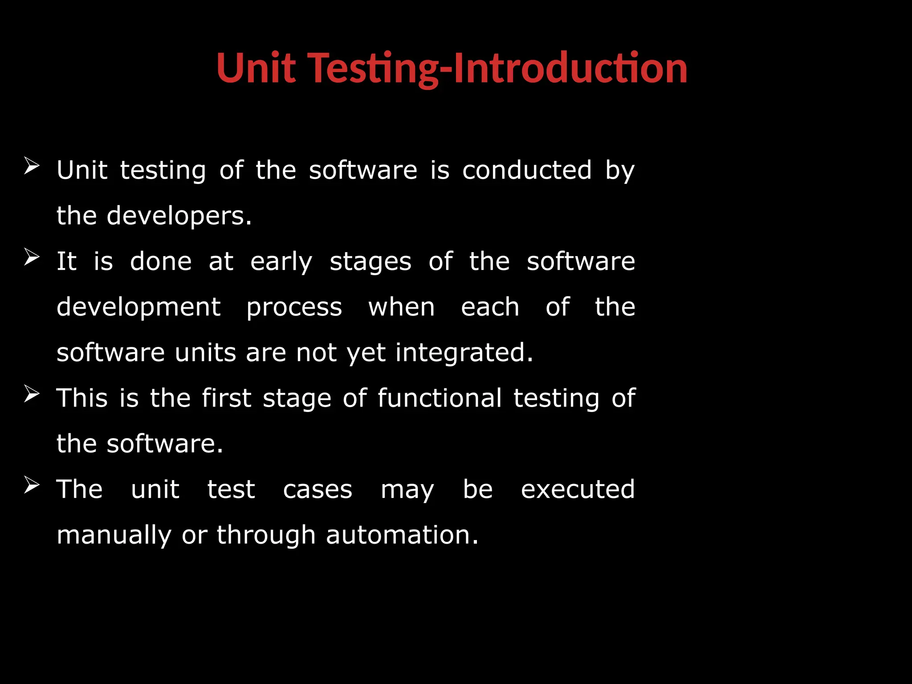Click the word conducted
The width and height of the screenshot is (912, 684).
point(527,170)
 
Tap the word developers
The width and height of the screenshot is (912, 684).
point(179,216)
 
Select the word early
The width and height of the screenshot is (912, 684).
point(281,262)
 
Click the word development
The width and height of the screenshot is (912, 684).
point(138,308)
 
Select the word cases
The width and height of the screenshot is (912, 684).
point(318,490)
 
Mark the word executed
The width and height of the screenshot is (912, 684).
point(578,489)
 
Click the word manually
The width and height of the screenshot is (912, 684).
point(114,535)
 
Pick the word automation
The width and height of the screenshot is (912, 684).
point(402,535)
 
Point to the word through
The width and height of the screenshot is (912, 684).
point(266,535)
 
